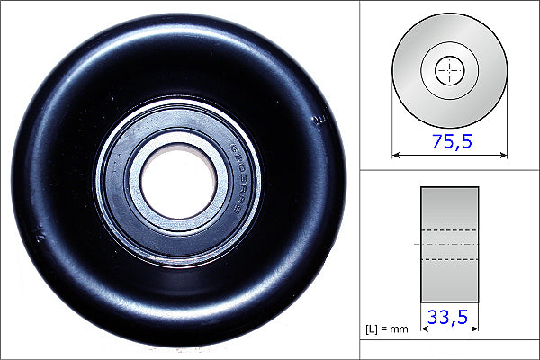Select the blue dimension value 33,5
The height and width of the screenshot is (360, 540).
point(450,316)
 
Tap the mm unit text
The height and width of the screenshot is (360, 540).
point(400,328)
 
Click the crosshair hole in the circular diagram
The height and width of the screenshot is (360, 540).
point(450,70)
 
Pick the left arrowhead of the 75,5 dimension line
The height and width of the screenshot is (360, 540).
point(397,155)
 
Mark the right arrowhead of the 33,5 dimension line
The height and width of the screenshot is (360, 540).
point(474,328)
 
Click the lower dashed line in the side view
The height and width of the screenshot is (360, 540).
point(450,259)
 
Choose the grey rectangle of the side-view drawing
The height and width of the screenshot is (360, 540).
point(450,202)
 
